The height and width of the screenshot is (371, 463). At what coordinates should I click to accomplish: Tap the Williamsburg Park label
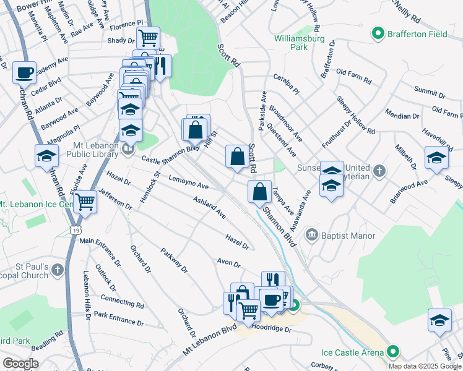(291, 41)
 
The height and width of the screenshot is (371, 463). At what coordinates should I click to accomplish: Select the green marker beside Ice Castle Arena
(392, 352)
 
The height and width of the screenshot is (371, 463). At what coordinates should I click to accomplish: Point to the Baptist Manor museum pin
(311, 235)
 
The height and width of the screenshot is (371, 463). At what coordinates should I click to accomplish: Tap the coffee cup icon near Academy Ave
(25, 72)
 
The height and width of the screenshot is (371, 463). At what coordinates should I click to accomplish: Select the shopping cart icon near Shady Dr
(148, 38)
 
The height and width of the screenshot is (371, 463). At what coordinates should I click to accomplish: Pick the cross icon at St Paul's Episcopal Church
(58, 270)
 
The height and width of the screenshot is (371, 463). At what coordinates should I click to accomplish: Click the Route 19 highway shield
(75, 229)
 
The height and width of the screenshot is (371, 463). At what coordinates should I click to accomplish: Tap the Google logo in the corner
(20, 364)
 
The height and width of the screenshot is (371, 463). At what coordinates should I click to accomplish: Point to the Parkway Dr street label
(173, 260)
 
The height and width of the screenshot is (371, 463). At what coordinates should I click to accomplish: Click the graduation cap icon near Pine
(439, 320)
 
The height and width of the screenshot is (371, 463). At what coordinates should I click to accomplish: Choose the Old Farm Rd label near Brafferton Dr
(354, 77)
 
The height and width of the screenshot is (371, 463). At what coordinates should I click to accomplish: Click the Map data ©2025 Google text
(425, 366)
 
